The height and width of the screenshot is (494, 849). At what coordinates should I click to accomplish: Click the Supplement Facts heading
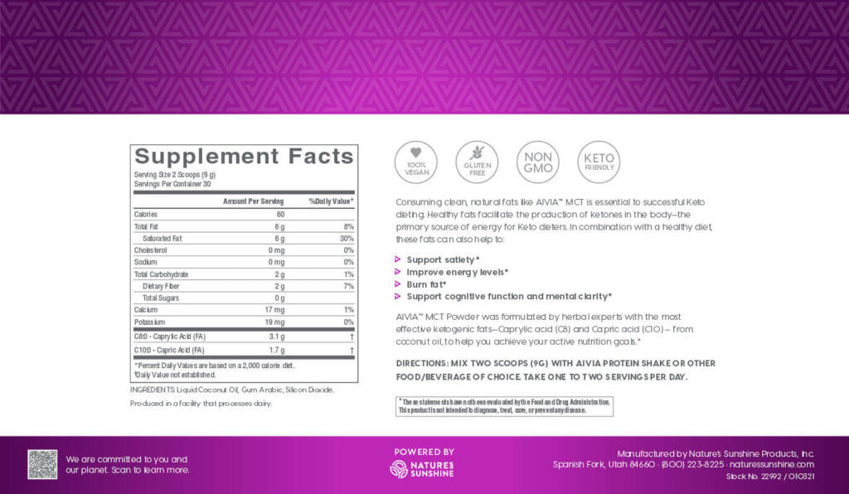(x=245, y=157)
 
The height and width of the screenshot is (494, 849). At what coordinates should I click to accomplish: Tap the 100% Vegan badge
(x=416, y=162)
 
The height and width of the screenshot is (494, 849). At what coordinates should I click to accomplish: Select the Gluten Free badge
(x=477, y=162)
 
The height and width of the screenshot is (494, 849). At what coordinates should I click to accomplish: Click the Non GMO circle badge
(x=537, y=162)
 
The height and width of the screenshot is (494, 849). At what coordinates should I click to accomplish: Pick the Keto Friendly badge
(x=599, y=162)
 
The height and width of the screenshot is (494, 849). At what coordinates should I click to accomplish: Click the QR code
(x=42, y=464)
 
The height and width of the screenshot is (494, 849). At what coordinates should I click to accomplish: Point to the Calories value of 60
(x=279, y=214)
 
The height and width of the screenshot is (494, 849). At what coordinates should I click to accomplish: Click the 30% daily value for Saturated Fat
(x=347, y=238)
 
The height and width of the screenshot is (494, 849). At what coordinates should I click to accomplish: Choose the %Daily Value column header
(x=332, y=201)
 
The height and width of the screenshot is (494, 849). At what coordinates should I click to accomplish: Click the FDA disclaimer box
(x=505, y=406)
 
